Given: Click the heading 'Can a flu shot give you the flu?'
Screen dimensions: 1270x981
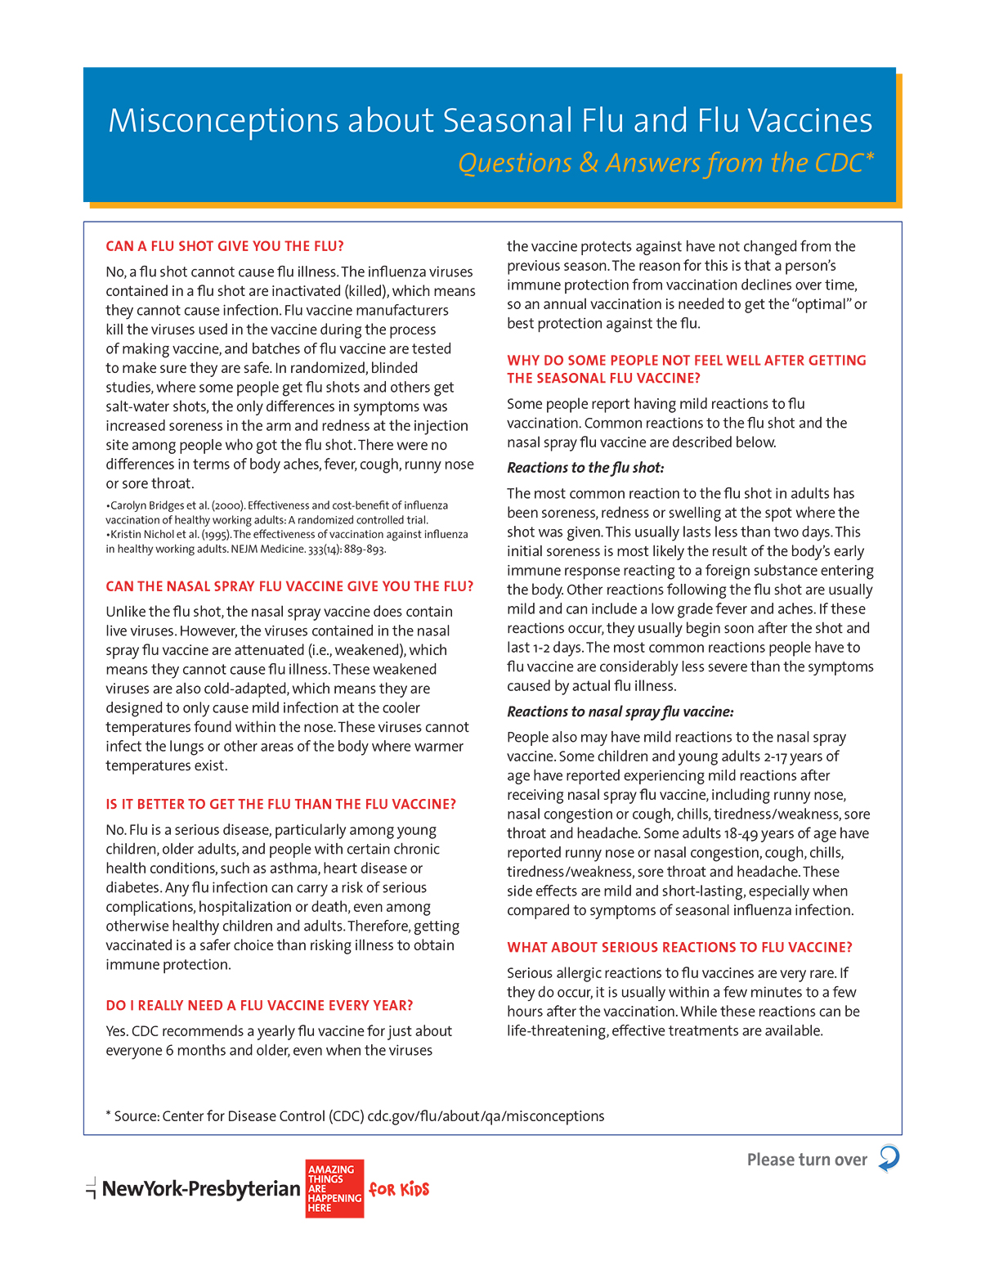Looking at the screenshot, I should coord(225,246).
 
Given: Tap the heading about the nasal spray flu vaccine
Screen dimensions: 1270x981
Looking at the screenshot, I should coord(289,586).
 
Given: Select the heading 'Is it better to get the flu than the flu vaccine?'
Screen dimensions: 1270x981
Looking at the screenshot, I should coord(280,804).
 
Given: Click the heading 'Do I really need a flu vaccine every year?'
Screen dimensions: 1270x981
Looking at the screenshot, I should coord(259,1005).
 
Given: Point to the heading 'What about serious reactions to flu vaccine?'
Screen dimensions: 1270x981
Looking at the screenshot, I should coord(679,947).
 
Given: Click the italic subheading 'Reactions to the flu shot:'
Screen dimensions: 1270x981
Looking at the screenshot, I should coord(585,468).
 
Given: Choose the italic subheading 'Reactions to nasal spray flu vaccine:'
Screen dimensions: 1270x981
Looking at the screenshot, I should coord(620,711).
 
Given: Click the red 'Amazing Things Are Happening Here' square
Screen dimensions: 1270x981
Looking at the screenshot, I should coord(334,1188).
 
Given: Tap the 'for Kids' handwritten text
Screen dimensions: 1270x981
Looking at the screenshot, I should coord(399,1189).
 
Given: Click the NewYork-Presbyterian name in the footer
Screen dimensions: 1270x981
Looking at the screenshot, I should coord(201,1189).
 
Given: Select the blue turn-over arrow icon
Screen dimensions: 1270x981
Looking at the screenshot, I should coord(889,1159).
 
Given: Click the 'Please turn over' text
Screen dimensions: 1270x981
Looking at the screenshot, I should coord(807,1160).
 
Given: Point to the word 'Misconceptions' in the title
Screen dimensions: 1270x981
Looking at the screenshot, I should coord(222,121).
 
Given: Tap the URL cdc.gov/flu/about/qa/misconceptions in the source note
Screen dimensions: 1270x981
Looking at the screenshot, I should coord(486,1116).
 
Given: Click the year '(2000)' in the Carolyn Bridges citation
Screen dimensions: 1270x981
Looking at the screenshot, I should coord(228,505).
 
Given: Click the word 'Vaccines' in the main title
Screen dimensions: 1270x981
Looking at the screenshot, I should coord(810,121).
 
